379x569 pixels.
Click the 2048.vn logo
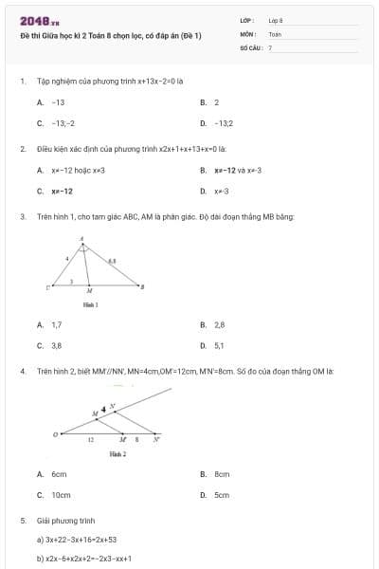click(39, 20)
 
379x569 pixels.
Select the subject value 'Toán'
click(275, 33)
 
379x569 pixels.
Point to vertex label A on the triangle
click(82, 238)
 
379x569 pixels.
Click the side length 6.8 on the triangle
click(113, 259)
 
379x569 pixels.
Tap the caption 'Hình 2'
click(117, 454)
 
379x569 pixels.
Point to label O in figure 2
click(55, 435)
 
